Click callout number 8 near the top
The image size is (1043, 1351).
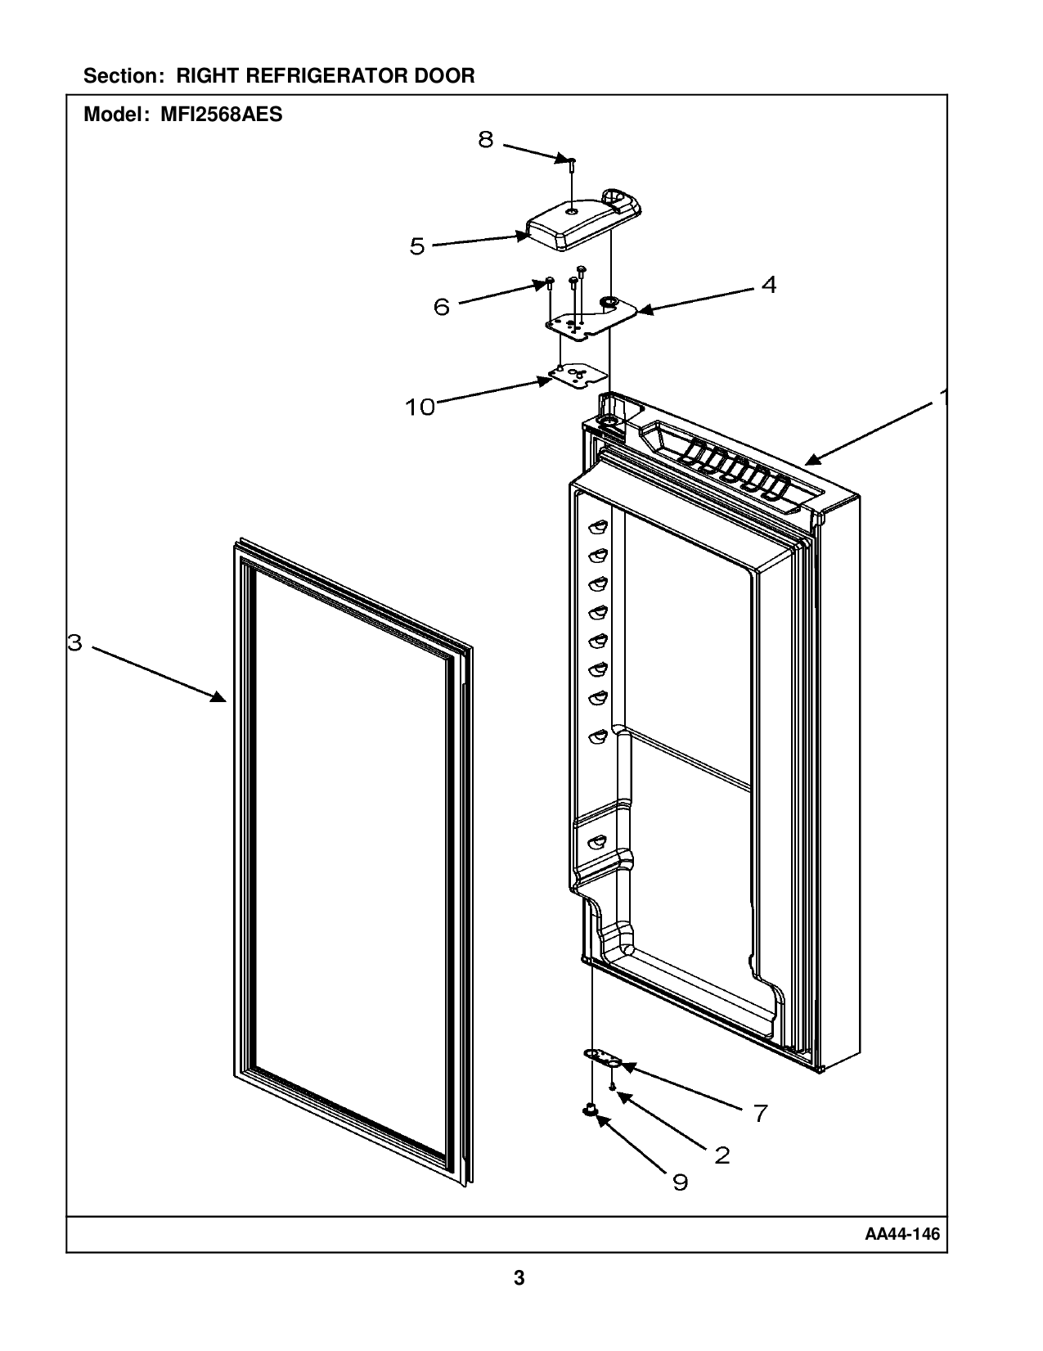[x=486, y=140]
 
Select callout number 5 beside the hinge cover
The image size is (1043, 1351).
[x=417, y=246]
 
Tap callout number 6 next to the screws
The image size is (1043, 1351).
[x=442, y=308]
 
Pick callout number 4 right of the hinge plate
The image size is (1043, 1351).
[x=768, y=285]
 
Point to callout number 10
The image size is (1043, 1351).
[x=420, y=407]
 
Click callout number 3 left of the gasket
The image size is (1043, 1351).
[x=74, y=643]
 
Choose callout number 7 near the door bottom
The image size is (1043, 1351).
[x=760, y=1113]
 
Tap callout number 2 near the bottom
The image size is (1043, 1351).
[x=722, y=1155]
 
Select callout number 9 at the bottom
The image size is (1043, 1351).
[x=681, y=1182]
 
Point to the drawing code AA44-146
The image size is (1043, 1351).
[x=902, y=1234]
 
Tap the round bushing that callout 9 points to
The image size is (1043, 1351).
[x=588, y=1110]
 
